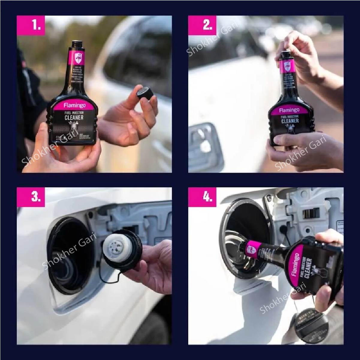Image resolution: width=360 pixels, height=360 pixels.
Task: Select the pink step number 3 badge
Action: [x=36, y=197]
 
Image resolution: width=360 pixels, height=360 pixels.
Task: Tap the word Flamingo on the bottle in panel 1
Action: [x=74, y=105]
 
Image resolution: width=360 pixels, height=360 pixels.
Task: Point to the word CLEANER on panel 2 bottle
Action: [x=290, y=121]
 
